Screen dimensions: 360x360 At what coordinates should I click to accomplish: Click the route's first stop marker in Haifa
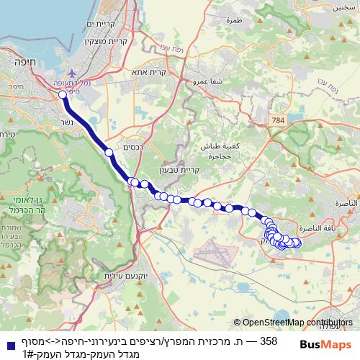(63, 94)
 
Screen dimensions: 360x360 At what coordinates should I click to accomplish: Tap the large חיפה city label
(15, 62)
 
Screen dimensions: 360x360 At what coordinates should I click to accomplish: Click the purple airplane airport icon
(72, 73)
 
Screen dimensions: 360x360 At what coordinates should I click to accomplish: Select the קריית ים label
(104, 24)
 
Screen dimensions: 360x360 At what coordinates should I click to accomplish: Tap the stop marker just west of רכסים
(109, 153)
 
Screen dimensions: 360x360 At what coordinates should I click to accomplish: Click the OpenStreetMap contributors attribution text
(293, 323)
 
